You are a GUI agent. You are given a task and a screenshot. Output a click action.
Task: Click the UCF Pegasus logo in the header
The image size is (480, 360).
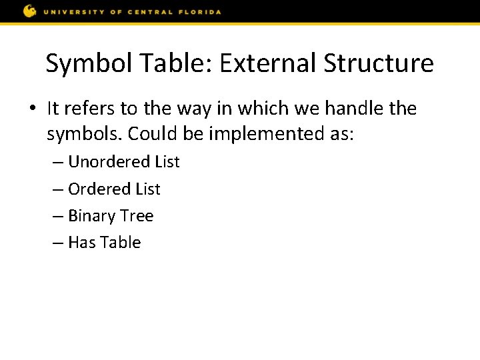click(30, 11)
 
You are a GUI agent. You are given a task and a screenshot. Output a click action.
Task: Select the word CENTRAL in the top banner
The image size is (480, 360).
click(157, 12)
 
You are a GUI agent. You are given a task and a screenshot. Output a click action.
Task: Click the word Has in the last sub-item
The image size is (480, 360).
click(82, 243)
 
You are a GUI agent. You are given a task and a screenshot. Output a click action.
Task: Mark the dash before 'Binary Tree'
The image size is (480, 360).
click(58, 217)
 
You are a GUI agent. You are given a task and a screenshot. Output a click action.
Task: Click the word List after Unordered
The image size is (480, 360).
click(167, 162)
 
